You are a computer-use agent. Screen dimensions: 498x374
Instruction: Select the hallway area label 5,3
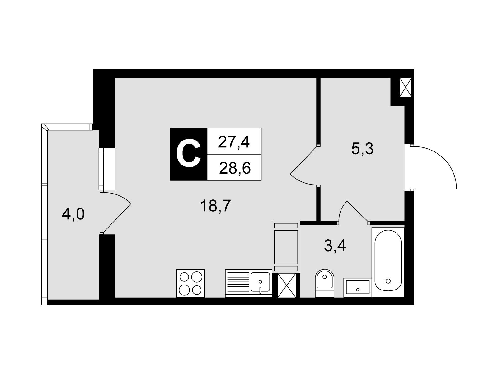tap(362, 149)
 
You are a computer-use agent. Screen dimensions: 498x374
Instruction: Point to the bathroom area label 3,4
tap(335, 247)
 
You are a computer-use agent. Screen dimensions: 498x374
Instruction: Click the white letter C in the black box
tap(188, 154)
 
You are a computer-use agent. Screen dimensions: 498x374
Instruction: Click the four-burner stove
tap(190, 283)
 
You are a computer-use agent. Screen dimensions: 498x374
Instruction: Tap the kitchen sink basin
tap(260, 282)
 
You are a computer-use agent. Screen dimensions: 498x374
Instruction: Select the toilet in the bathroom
tap(324, 283)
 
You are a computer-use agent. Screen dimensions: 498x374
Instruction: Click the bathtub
tap(388, 262)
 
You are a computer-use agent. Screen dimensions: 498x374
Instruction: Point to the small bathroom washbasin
tap(358, 287)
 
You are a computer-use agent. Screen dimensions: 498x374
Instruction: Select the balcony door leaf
tap(116, 218)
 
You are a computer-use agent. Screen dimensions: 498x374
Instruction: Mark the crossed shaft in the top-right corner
tap(406, 88)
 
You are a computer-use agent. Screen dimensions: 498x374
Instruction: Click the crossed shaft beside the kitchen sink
tap(287, 285)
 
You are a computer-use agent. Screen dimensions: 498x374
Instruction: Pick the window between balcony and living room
tap(107, 169)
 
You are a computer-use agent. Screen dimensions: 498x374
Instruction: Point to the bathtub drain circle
tap(388, 281)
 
